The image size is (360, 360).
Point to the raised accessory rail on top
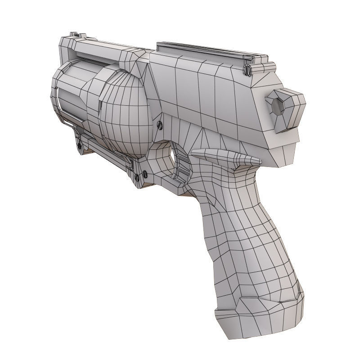pos(202,50)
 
